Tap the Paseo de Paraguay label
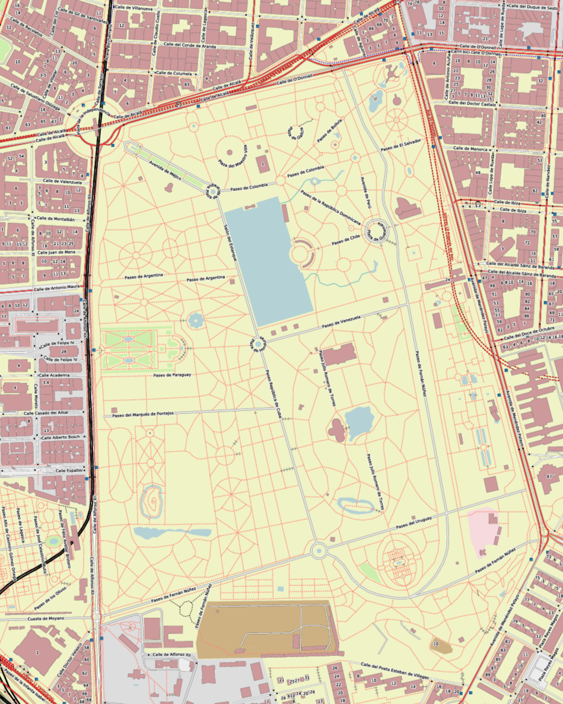[x=172, y=375]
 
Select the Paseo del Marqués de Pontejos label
[x=142, y=414]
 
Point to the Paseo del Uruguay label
[x=413, y=522]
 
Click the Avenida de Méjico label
[x=164, y=164]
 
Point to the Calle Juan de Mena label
[x=56, y=252]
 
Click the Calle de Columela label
[x=173, y=73]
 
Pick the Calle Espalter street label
[x=68, y=470]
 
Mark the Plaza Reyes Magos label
[x=549, y=658]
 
